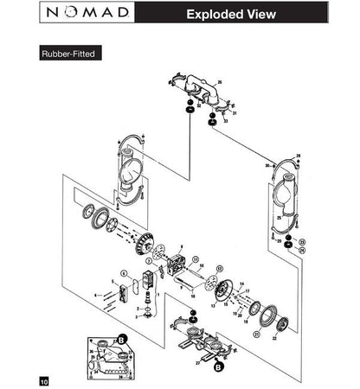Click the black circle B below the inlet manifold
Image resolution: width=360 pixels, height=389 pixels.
pos(219,367)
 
